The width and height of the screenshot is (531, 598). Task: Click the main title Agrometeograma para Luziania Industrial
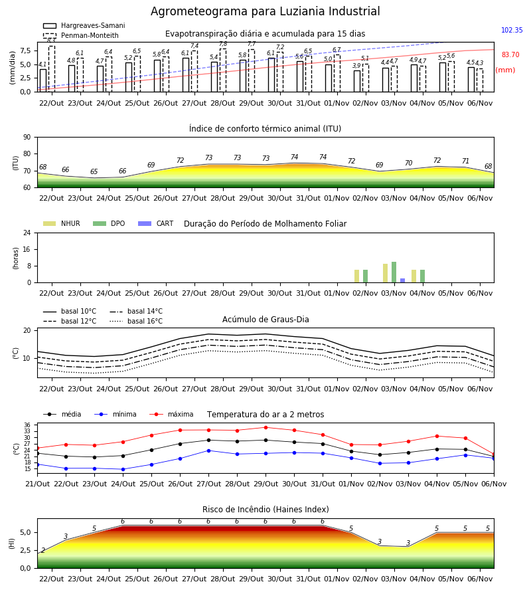265,11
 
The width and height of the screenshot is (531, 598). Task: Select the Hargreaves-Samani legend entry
84,25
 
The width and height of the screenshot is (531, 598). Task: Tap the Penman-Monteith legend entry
81,35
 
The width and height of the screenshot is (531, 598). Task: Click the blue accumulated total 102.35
512,30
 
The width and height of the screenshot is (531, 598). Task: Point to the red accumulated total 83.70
510,54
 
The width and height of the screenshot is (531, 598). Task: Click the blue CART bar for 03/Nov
403,280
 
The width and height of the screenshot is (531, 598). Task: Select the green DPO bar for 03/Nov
394,272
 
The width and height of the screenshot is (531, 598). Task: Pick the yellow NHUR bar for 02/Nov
356,276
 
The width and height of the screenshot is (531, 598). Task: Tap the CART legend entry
156,223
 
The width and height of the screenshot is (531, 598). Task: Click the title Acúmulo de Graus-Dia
265,319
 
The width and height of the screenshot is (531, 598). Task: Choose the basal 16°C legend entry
136,321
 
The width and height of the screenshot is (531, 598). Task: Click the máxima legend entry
171,414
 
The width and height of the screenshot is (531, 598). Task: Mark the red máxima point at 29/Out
266,427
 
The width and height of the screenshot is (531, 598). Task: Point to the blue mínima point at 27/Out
208,450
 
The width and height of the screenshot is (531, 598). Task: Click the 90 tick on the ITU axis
27,138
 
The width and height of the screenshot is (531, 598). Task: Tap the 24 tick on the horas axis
27,233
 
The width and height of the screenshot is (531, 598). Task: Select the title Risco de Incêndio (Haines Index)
265,510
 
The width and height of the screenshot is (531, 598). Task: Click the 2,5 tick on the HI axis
25,550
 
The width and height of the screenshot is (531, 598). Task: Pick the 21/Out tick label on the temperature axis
37,484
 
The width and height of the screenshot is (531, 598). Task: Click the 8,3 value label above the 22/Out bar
51,40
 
